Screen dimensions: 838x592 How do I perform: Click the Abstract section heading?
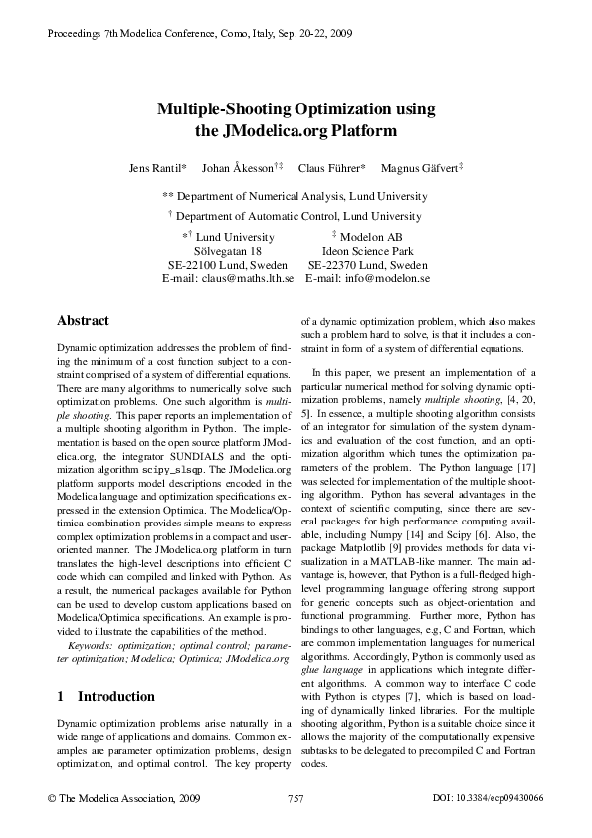(83, 321)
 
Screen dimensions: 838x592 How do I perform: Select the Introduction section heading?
(105, 696)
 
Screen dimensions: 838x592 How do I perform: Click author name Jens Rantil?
(157, 167)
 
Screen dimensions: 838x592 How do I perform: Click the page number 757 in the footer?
(296, 798)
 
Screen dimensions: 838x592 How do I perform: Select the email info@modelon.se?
(382, 280)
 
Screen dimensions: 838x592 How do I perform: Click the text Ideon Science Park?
(368, 252)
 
